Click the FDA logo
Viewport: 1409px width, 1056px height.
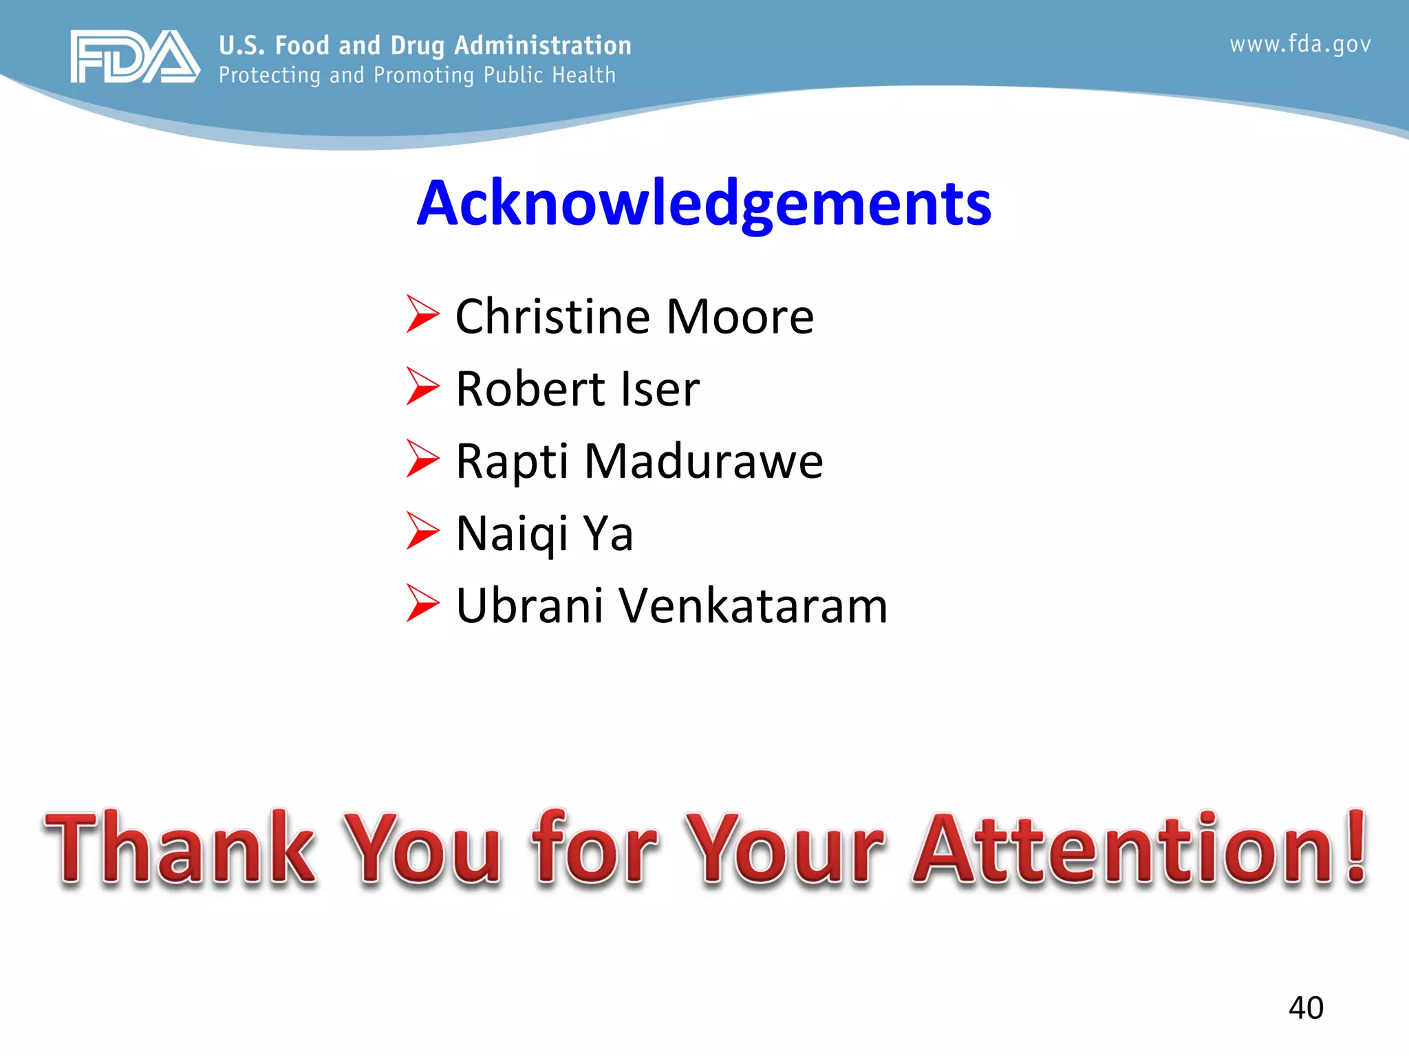point(135,56)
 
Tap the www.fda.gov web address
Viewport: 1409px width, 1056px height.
point(1300,45)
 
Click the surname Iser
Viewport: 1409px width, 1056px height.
point(660,389)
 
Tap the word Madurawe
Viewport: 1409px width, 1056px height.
point(703,461)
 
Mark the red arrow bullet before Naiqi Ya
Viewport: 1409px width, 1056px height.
point(422,531)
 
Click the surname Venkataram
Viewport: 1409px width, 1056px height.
point(753,606)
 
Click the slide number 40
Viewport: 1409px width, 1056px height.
point(1306,1008)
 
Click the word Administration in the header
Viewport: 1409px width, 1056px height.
point(543,45)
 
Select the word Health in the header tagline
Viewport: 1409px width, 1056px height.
point(584,75)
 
